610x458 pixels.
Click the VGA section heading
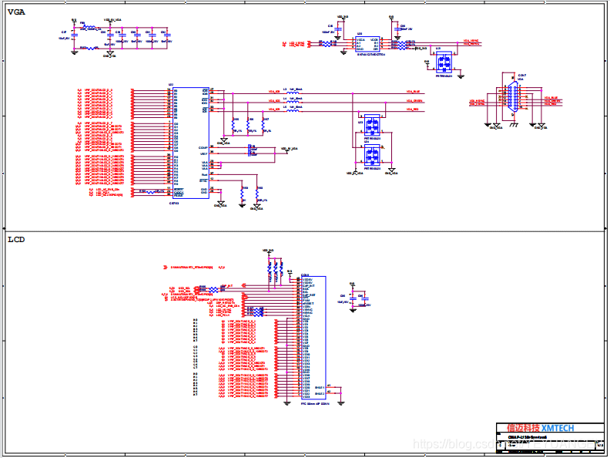[17, 11]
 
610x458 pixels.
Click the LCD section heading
[16, 239]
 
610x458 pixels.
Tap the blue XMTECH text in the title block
[558, 428]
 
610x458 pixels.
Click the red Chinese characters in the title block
[523, 428]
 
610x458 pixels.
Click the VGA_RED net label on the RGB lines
[414, 109]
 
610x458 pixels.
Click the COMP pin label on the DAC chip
[203, 147]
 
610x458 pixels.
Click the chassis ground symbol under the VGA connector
[513, 124]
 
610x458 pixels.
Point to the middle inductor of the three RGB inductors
[293, 101]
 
